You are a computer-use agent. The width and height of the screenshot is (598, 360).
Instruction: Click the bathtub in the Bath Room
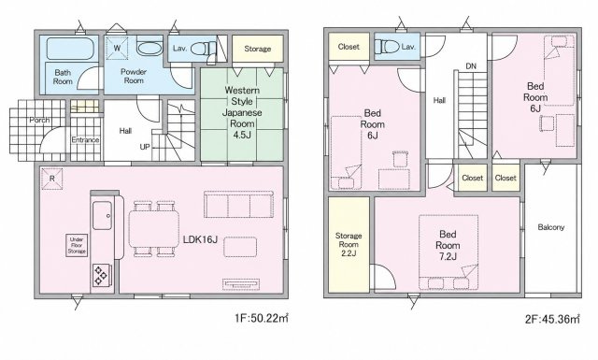[x=70, y=49]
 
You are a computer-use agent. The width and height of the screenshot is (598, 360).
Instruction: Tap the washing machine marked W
[x=118, y=48]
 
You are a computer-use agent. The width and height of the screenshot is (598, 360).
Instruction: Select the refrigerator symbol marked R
[x=52, y=179]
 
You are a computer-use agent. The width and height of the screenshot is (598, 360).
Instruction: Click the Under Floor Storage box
[x=77, y=245]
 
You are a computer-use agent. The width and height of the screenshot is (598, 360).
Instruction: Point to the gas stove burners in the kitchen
[x=102, y=276]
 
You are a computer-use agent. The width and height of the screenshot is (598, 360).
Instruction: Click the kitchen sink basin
[x=102, y=216]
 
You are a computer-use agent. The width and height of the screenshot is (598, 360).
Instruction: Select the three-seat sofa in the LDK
[x=238, y=204]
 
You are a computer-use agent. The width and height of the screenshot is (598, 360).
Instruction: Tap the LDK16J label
[x=200, y=239]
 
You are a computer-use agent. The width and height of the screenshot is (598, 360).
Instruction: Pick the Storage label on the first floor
[x=258, y=49]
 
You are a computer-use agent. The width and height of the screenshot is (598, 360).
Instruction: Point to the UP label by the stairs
[x=145, y=147]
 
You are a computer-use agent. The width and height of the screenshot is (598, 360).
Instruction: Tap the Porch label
[x=39, y=120]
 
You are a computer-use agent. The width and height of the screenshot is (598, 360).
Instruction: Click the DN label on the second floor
[x=471, y=66]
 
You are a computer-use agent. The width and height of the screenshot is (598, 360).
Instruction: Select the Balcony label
[x=550, y=227]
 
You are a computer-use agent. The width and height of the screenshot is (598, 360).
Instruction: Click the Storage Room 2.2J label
[x=349, y=245]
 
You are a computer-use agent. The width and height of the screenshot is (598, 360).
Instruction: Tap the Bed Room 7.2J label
[x=448, y=245]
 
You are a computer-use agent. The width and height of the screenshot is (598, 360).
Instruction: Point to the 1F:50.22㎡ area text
[x=262, y=318]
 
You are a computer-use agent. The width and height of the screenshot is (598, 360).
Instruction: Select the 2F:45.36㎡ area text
[x=552, y=319]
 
